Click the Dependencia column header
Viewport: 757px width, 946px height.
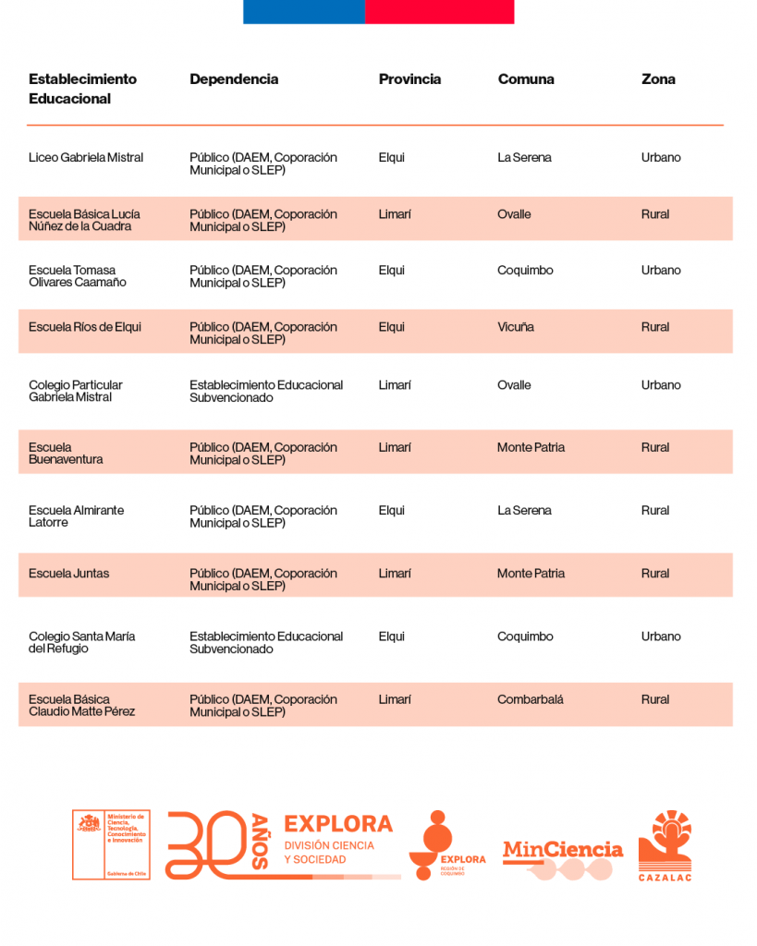(x=234, y=79)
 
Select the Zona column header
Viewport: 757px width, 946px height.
(x=658, y=79)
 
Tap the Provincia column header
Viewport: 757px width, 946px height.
(x=409, y=79)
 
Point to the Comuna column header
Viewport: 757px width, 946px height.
(x=526, y=79)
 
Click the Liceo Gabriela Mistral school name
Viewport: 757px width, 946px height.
(x=86, y=158)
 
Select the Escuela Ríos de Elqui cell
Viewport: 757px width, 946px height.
(x=85, y=327)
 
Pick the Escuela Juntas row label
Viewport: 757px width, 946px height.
(x=68, y=574)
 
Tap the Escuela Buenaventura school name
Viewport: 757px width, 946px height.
(x=66, y=454)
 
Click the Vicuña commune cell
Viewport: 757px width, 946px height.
(x=516, y=327)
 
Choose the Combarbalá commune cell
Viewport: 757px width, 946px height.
(x=531, y=699)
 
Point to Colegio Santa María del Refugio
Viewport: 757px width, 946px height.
(x=82, y=642)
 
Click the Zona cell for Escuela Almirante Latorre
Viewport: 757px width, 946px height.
(x=655, y=510)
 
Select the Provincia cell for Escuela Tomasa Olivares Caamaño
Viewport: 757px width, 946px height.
(x=392, y=271)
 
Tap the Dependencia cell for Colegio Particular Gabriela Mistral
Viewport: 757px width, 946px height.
(x=266, y=391)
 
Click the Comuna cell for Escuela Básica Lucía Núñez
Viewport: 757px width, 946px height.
(x=514, y=214)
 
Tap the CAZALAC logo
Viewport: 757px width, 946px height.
(x=665, y=845)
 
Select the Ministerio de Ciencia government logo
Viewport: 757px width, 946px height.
(x=111, y=844)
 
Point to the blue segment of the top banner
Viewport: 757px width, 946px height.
(x=304, y=11)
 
